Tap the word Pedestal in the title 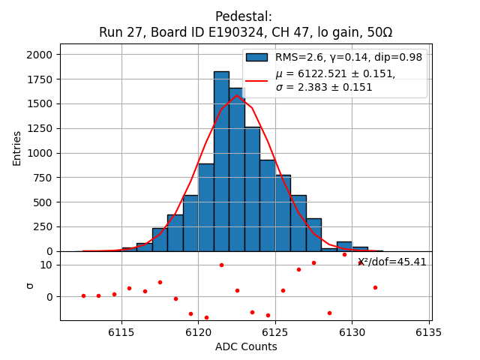click(243, 16)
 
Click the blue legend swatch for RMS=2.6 click(257, 57)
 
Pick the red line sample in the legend click(257, 80)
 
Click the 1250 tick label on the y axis click(40, 128)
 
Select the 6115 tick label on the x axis click(121, 332)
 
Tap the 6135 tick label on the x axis click(429, 332)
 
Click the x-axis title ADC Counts click(246, 346)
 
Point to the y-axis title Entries click(17, 148)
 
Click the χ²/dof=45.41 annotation click(391, 262)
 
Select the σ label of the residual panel click(30, 286)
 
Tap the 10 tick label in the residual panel click(46, 265)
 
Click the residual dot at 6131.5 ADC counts click(375, 287)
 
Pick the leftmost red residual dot click(83, 295)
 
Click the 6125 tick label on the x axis click(275, 332)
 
